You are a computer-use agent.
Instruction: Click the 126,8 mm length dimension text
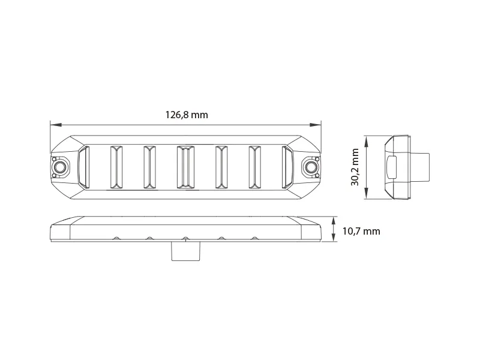[x=186, y=115]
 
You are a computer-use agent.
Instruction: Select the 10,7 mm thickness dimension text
[x=361, y=231]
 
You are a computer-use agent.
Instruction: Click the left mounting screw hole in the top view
[x=60, y=166]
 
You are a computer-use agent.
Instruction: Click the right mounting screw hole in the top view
[x=311, y=166]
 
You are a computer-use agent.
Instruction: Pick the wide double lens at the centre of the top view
[x=185, y=166]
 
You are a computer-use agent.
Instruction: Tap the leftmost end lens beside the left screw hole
[x=83, y=166]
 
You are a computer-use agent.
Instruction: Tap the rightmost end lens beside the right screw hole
[x=287, y=166]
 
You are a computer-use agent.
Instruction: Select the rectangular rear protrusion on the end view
[x=421, y=167]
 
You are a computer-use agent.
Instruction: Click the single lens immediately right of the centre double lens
[x=221, y=166]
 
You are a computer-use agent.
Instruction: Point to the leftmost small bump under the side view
[x=114, y=239]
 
